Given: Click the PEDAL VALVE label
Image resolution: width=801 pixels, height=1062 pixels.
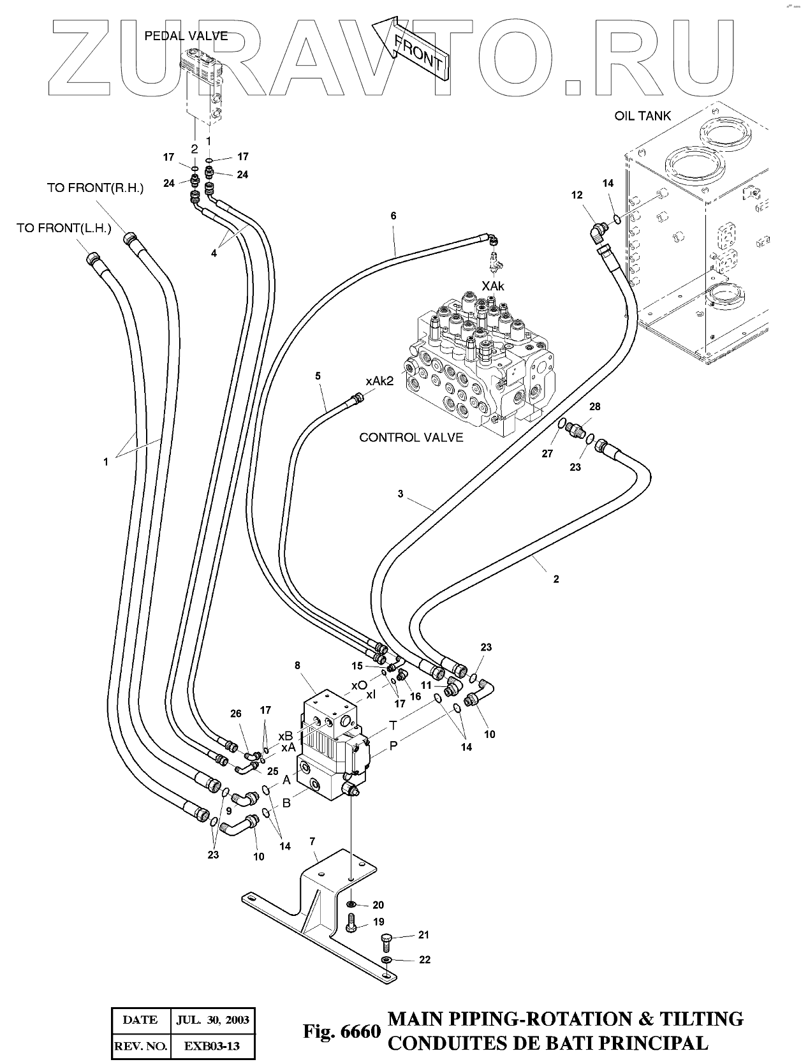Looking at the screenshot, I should [x=186, y=36].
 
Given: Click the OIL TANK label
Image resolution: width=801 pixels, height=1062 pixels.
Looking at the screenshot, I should [x=643, y=115].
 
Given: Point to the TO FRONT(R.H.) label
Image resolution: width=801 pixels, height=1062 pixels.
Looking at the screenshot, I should [x=95, y=188].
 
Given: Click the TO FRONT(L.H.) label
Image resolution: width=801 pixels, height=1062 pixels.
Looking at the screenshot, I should [x=64, y=228].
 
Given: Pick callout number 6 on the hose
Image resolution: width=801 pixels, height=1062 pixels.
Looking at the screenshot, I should [x=393, y=216].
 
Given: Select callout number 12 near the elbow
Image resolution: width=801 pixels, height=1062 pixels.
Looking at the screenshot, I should [x=577, y=195].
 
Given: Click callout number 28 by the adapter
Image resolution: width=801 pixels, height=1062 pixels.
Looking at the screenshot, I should [x=594, y=406].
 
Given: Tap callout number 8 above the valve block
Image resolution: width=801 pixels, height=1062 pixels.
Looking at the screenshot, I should [x=297, y=665].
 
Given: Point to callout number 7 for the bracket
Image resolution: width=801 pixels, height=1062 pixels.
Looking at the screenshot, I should [x=312, y=841].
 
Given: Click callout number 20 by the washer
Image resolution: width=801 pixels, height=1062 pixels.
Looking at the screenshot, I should [x=378, y=905].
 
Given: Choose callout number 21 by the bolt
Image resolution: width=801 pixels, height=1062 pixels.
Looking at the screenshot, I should [x=423, y=934].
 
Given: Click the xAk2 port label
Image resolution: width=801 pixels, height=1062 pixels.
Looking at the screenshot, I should [x=380, y=381].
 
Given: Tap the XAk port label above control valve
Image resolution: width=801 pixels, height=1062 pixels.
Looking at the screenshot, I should [x=493, y=286].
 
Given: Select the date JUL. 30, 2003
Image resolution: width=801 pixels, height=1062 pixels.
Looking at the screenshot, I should [x=212, y=1019].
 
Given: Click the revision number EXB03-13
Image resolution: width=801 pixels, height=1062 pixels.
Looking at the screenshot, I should [x=212, y=1046].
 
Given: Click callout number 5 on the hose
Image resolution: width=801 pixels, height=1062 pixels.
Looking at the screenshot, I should [x=318, y=376].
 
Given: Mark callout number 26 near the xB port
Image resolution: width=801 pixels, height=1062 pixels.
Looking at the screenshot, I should [x=236, y=713].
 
